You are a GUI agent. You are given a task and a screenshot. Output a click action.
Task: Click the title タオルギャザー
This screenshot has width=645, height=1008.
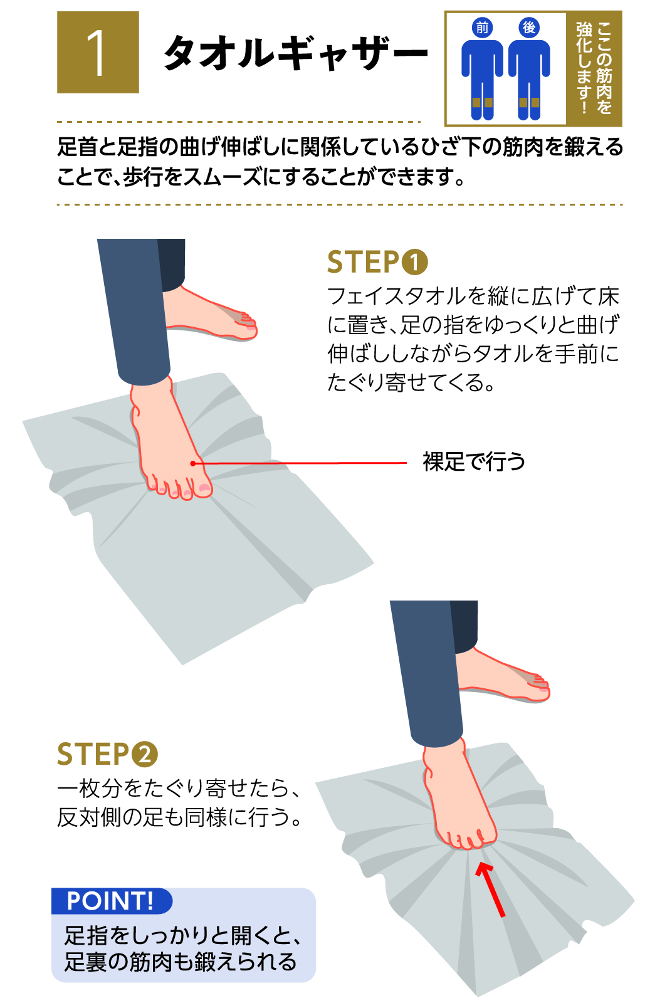coord(295,53)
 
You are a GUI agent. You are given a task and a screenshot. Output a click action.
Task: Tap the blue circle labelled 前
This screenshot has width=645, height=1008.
coord(481,28)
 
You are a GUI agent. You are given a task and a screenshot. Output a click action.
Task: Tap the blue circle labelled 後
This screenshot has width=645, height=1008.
coord(529,28)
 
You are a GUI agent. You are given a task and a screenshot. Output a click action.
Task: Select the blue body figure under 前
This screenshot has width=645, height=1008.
coord(482,80)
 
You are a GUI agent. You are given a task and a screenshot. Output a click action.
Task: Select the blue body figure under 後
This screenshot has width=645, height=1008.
coord(529,80)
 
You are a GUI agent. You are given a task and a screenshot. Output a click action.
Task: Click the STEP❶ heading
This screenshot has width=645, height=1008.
coord(377,262)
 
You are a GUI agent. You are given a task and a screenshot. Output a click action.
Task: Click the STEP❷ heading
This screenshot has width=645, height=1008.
coord(107,754)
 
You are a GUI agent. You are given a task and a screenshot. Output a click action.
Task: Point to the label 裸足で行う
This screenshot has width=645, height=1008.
coord(473,462)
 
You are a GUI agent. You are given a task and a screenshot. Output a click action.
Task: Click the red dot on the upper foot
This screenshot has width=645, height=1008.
coord(192,463)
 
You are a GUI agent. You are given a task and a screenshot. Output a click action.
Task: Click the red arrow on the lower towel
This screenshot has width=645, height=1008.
coord(491,888)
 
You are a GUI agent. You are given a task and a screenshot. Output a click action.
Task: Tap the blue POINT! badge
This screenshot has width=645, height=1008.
coord(112,901)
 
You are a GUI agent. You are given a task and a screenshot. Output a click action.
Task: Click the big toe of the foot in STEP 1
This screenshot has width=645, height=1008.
coord(204,488)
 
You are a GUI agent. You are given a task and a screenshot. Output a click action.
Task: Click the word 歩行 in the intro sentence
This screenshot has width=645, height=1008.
coord(138,177)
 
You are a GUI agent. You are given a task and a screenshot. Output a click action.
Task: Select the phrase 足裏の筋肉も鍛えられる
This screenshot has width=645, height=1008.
coord(181,962)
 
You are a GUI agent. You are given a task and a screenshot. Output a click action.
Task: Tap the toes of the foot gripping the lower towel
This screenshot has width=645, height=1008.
coord(468,840)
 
